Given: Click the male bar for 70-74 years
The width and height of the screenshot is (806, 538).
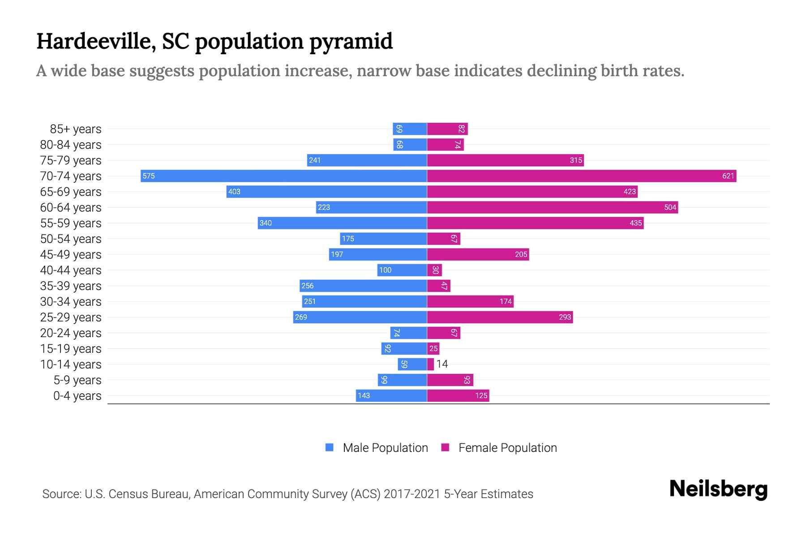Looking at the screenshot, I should tap(283, 176).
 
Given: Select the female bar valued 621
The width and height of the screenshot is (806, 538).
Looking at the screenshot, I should tap(581, 176).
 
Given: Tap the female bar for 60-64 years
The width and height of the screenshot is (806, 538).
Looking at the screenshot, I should tap(552, 207).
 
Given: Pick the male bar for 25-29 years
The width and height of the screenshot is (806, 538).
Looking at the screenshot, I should tap(360, 317).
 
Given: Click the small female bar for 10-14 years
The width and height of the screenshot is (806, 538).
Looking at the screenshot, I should tap(430, 364).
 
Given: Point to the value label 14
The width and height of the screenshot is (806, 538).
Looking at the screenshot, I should tap(442, 364).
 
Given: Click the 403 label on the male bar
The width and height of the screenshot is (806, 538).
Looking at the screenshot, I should tap(234, 191).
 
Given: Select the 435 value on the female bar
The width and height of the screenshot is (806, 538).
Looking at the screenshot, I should tap(635, 223).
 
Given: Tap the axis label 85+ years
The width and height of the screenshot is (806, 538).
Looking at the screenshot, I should tap(76, 129).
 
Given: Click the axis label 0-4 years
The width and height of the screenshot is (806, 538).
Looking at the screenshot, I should tap(77, 396).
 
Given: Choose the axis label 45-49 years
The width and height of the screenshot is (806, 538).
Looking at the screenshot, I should tap(71, 255).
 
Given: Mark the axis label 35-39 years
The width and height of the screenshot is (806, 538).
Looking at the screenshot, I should tap(71, 286).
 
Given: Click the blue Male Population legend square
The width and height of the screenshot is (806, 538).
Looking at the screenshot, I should tap(330, 447).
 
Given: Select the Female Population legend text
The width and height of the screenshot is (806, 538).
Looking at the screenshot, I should tap(507, 447).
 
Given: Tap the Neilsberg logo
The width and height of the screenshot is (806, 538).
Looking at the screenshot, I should tap(718, 489).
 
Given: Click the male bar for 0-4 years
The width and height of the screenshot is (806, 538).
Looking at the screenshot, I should tap(391, 395).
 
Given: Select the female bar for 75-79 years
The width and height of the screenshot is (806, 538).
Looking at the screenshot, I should tap(505, 160).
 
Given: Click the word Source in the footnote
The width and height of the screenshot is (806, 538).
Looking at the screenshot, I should tap(61, 494).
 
